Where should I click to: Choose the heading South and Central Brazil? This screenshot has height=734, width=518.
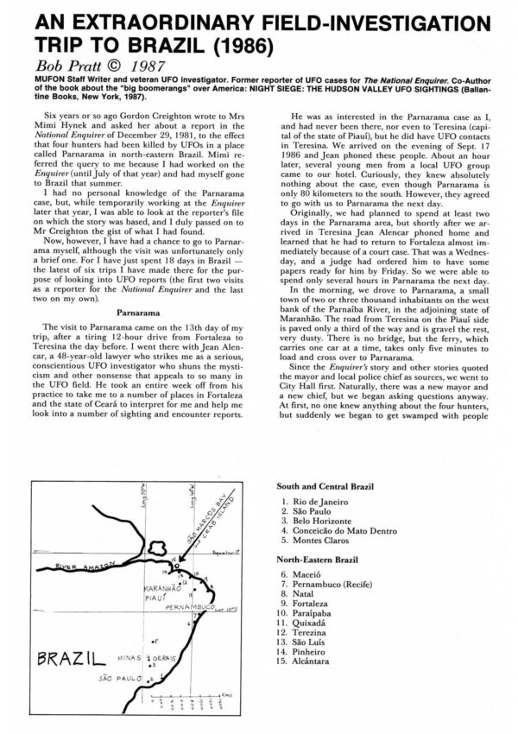click(340, 486)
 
